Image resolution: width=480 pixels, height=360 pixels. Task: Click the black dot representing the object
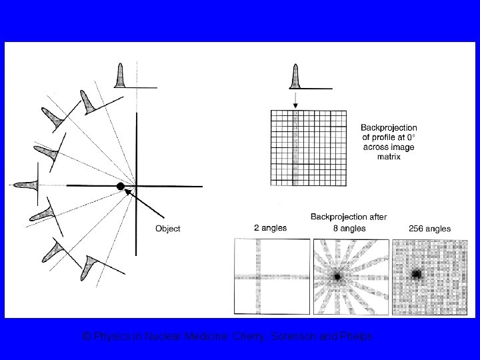(121, 186)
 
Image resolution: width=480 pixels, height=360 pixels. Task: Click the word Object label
(167, 229)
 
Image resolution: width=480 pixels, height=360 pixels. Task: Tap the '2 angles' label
(271, 228)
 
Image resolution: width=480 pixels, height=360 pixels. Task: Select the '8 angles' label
(349, 228)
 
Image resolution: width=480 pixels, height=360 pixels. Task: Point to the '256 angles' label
(429, 228)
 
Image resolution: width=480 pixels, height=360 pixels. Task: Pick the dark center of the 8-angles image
(338, 275)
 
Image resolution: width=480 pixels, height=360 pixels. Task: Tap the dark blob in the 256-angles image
(417, 273)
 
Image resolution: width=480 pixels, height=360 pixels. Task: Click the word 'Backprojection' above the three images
(335, 217)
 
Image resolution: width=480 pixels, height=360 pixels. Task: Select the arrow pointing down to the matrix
(295, 100)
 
